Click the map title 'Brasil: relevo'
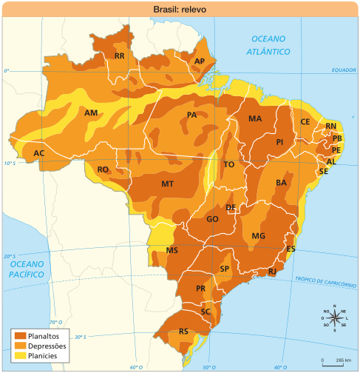point(180,9)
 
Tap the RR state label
point(119,56)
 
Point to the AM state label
point(91,113)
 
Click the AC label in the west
point(39,153)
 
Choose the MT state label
point(167,184)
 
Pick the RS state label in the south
point(183,331)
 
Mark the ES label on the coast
point(291,249)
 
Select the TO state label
point(229,164)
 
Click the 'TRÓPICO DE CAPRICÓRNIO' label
point(326,279)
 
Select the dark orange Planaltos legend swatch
point(19,335)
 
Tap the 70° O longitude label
point(55,323)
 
